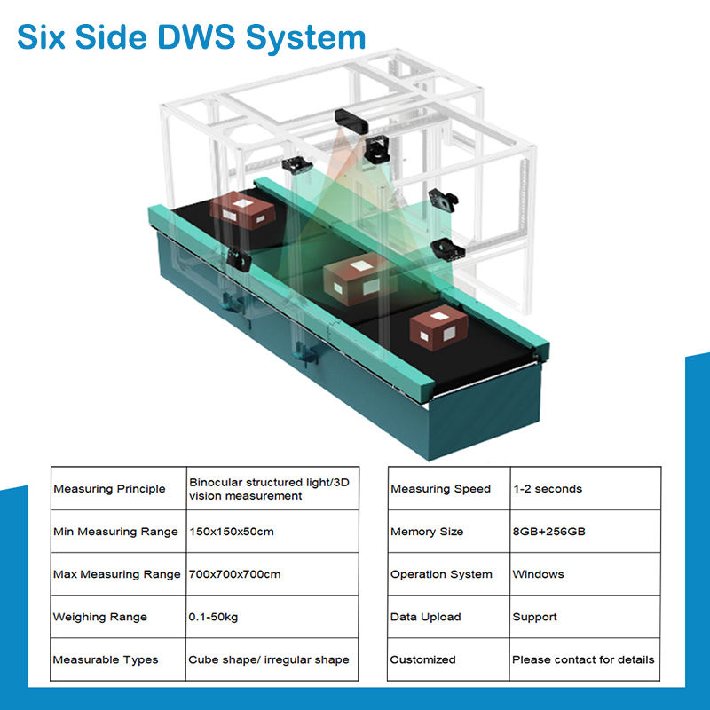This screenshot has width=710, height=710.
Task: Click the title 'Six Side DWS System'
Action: [x=191, y=36]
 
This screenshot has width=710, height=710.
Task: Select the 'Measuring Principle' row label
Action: [x=109, y=489]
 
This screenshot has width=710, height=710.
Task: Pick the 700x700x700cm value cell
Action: [x=234, y=574]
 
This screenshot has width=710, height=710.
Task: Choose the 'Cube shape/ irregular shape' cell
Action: [x=268, y=659]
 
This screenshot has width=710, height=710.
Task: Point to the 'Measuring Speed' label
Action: [x=440, y=489]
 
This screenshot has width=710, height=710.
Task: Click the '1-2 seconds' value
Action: [x=547, y=489]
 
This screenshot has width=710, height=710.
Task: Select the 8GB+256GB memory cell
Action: [x=548, y=532]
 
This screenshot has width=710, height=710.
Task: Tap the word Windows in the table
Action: [x=538, y=574]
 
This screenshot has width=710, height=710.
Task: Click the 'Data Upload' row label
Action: [x=425, y=617]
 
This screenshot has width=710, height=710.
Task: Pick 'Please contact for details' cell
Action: [x=583, y=659]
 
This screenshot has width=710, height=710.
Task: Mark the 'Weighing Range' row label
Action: [x=100, y=617]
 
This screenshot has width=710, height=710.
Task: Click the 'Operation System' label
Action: [x=441, y=574]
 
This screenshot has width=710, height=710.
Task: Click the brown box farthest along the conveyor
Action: [x=242, y=209]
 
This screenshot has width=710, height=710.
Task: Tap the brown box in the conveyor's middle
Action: [x=359, y=278]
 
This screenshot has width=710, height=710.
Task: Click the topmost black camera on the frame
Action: [x=353, y=118]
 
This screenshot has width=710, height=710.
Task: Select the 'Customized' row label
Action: [x=422, y=659]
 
